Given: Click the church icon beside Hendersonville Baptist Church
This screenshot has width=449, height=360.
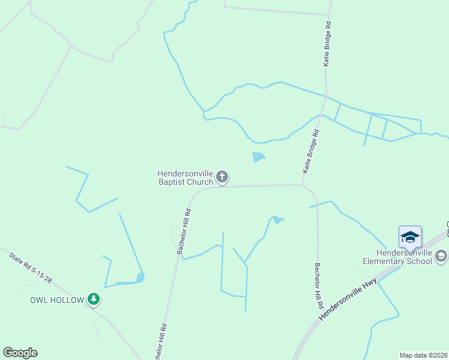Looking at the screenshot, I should point(222,176).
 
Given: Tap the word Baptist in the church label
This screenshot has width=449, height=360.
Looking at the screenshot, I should point(172,182).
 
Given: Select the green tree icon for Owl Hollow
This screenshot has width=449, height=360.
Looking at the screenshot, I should point(93,298).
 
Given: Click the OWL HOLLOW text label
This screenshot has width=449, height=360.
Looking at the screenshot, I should point(57,300).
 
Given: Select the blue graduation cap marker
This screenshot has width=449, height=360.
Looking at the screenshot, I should point(410,237).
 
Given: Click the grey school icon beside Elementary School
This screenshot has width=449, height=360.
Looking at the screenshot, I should point(441,257).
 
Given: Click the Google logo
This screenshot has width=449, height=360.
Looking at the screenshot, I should point(20,353).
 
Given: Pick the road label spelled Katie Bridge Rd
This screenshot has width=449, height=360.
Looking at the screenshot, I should point(327,44).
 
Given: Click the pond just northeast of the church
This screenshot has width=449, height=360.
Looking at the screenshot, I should point(259,157).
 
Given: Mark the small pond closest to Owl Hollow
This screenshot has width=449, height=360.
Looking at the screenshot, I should point(140,277).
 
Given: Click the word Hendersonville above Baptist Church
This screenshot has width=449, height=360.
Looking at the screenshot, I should point(185,173).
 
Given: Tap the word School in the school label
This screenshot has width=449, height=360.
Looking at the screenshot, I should point(419,261).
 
